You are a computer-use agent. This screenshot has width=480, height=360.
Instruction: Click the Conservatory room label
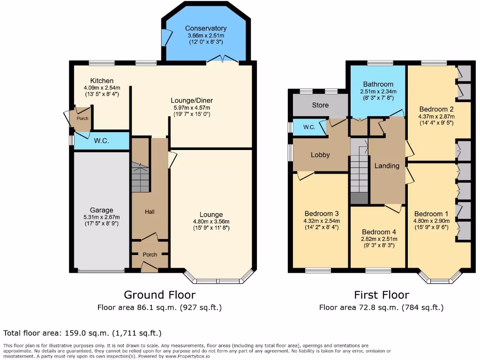tap(205, 28)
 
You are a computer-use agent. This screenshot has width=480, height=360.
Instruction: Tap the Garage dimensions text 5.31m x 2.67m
tap(102, 217)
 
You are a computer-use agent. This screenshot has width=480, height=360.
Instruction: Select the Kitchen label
tap(102, 81)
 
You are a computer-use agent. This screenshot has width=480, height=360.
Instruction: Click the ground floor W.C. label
tap(101, 141)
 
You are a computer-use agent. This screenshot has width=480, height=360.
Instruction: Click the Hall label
tap(150, 212)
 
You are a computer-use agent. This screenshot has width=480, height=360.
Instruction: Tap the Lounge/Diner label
tap(191, 100)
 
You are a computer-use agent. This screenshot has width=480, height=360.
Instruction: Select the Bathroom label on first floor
tap(378, 84)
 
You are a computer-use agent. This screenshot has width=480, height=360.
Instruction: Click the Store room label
tap(320, 105)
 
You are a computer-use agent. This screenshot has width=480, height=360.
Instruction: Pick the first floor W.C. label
tap(309, 127)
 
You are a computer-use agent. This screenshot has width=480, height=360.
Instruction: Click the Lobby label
tap(321, 155)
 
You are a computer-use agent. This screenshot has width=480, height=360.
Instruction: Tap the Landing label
tap(387, 165)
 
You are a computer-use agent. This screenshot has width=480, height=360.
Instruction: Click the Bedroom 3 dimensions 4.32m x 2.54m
tap(322, 221)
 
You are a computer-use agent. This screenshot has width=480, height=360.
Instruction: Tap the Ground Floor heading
tap(159, 295)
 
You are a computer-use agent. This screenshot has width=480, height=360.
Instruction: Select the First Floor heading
tap(381, 295)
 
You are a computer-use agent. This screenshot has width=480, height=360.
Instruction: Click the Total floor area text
tap(82, 333)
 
